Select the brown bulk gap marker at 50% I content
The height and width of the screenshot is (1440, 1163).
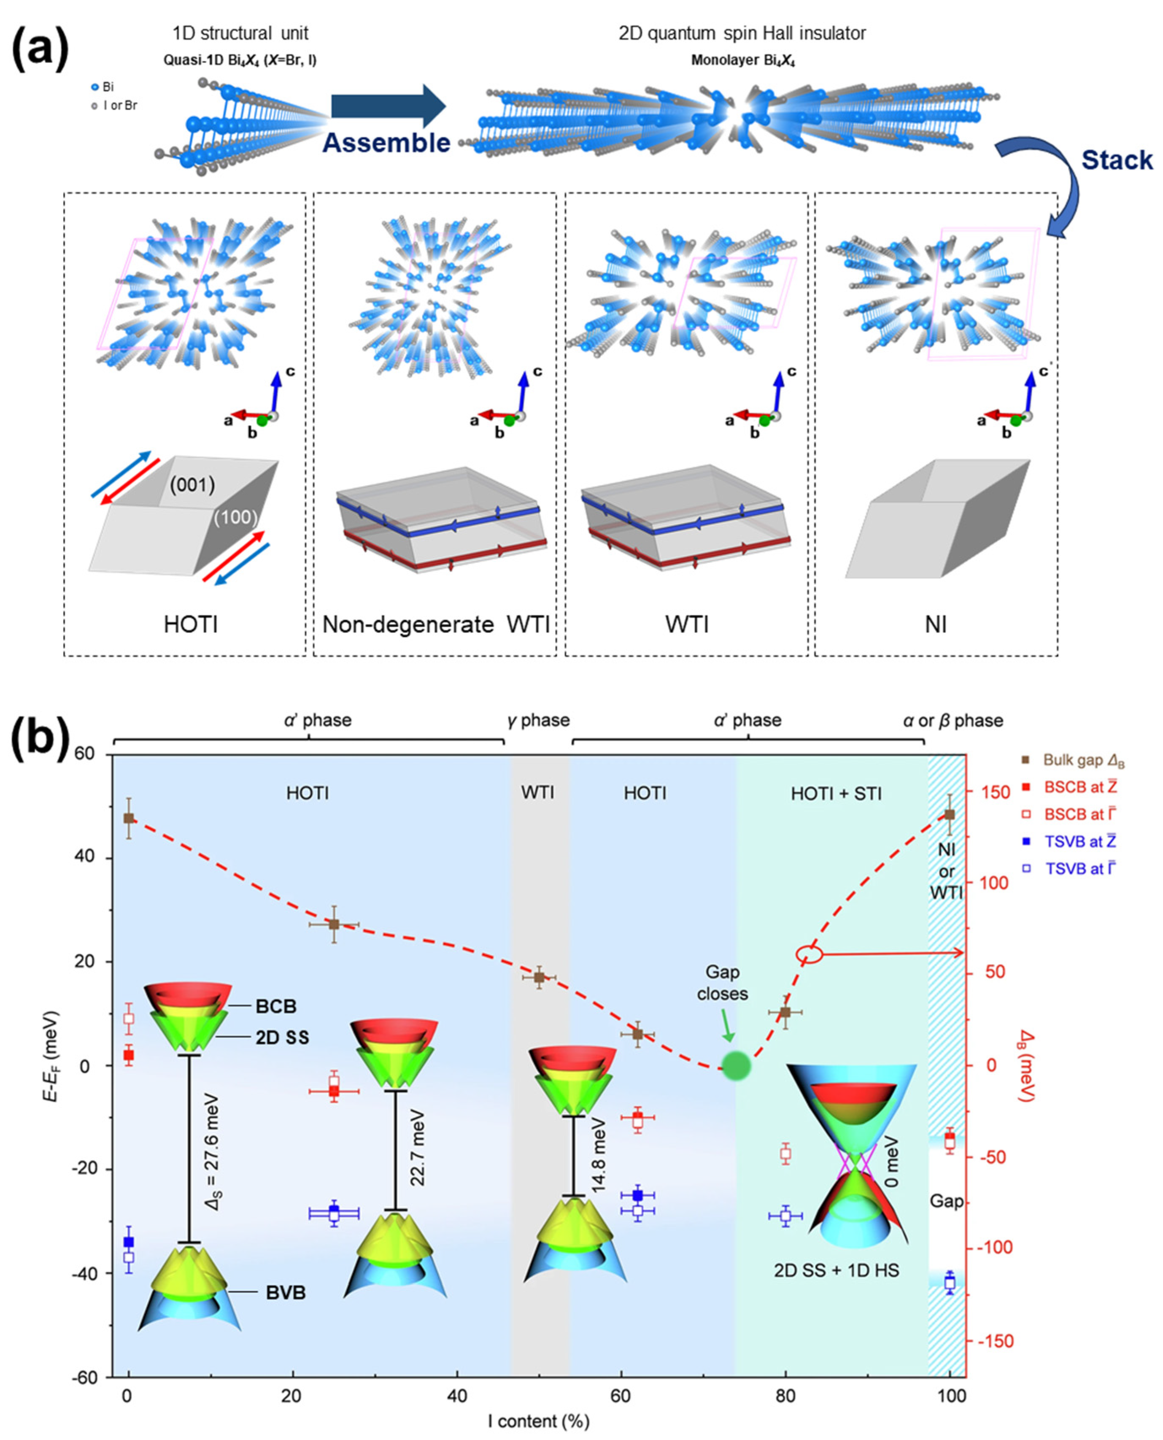[x=539, y=977]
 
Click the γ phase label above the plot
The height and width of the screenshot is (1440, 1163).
[x=538, y=720]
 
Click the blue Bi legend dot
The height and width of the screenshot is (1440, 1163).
[x=95, y=87]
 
